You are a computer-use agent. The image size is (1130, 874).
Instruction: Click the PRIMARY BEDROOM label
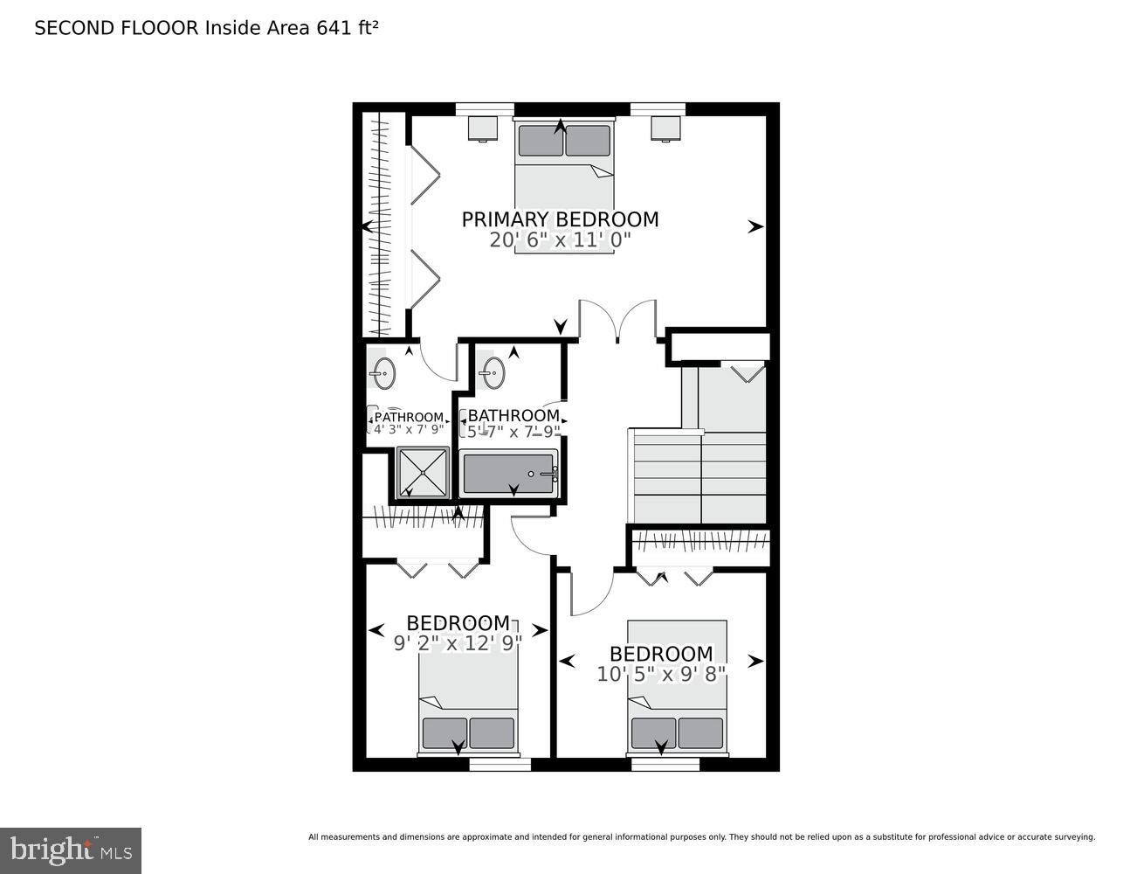coord(560,219)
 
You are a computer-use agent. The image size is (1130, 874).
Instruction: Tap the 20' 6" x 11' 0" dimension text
coord(560,240)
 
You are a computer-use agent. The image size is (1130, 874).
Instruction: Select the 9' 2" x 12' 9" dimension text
coord(458,644)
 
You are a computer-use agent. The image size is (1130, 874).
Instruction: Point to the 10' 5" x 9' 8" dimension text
coord(661,675)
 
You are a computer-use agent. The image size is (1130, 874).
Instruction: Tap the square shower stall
coord(423,472)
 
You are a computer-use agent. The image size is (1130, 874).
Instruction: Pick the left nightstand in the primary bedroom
coord(483,128)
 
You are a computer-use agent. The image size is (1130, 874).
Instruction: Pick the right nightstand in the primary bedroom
coord(665,128)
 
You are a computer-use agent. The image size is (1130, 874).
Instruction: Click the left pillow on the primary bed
coord(540,141)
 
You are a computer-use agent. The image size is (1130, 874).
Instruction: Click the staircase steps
coord(699,476)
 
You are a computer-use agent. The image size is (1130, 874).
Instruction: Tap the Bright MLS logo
coord(70,850)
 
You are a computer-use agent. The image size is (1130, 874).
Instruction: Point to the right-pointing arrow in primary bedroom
coord(755,227)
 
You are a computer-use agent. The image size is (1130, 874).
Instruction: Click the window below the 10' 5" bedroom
coord(665,765)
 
